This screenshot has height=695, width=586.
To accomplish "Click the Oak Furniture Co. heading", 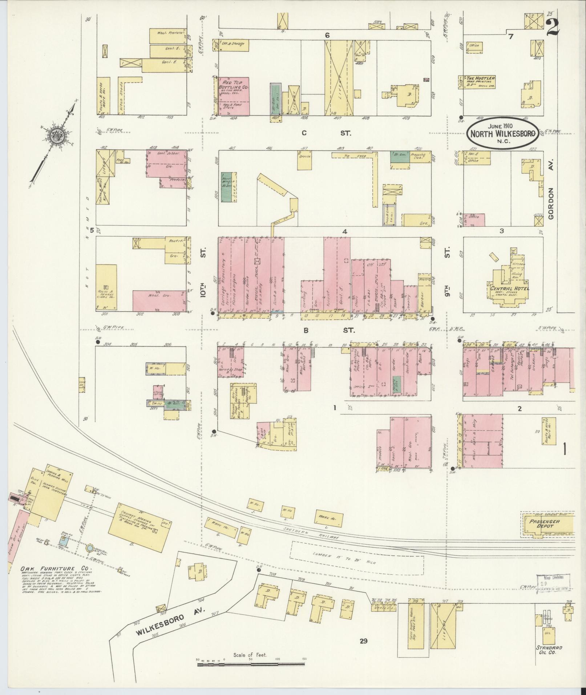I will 54,579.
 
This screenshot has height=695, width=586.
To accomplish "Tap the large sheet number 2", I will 552,28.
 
